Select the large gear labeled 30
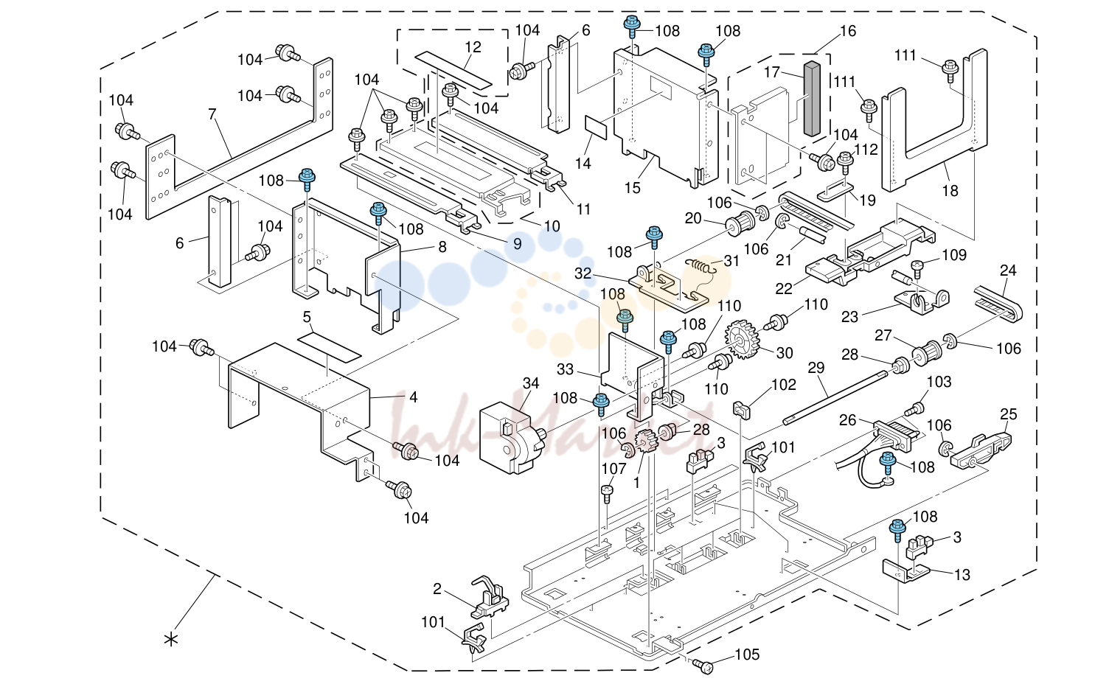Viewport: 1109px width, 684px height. (742, 339)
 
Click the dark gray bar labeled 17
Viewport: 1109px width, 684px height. (813, 99)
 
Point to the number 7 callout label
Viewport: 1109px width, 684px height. (212, 114)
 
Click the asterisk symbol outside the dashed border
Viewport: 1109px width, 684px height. (171, 640)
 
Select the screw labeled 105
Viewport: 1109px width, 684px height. (703, 666)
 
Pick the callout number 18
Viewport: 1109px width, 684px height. (950, 191)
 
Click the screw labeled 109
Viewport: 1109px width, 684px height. (917, 268)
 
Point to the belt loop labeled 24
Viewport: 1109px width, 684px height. (998, 304)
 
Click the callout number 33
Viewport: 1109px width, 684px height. (565, 369)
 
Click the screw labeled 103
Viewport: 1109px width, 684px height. (914, 410)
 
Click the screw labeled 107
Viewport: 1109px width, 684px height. (607, 493)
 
